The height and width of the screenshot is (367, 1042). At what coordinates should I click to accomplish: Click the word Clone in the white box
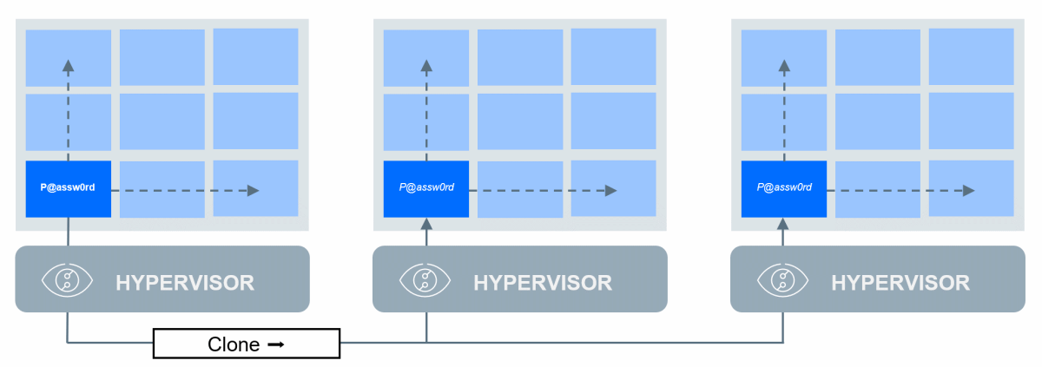tap(234, 344)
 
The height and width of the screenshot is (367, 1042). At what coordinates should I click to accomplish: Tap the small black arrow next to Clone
tap(276, 344)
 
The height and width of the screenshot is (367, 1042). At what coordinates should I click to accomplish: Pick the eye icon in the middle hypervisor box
tap(425, 279)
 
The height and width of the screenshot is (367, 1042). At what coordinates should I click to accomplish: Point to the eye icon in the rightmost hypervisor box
tap(783, 279)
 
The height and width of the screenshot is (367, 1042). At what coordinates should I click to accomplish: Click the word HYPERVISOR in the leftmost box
tap(185, 282)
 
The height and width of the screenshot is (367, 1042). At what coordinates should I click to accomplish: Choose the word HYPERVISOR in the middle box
tap(543, 282)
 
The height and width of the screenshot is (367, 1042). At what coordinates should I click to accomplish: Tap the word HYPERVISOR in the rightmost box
tap(900, 282)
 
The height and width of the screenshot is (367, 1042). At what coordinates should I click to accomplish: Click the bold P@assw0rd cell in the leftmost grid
tap(69, 188)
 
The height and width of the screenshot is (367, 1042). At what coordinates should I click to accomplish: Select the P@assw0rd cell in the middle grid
tap(426, 188)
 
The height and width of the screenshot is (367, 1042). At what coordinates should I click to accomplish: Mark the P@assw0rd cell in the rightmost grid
tap(784, 188)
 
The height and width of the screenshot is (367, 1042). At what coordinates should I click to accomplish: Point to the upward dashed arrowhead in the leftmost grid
tap(69, 64)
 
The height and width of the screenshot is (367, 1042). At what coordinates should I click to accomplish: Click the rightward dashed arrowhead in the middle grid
tap(611, 190)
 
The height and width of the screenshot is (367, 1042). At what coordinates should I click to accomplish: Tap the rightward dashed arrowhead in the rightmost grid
tap(969, 190)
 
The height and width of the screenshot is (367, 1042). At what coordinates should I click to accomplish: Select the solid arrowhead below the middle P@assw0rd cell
tap(426, 224)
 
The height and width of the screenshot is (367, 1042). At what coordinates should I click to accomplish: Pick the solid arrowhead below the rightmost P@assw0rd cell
tap(784, 224)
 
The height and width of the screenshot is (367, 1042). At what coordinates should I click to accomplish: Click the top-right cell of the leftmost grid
tap(255, 57)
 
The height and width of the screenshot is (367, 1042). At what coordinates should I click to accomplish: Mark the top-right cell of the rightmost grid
tap(971, 57)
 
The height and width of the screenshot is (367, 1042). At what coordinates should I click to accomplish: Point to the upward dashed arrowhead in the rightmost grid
tap(784, 64)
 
